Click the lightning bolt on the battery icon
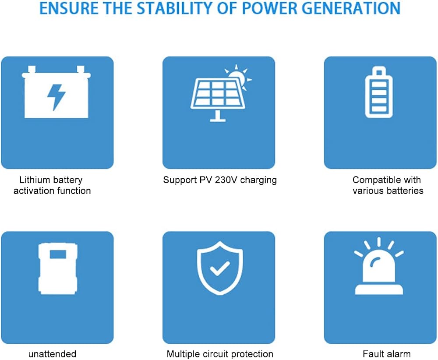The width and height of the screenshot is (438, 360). click(56, 97)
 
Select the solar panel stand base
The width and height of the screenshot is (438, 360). click(218, 120)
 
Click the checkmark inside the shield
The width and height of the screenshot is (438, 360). click(220, 268)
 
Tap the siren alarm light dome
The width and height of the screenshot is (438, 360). click(379, 268)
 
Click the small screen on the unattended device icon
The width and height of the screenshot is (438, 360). click(58, 254)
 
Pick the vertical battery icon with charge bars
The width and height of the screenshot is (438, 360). click(379, 92)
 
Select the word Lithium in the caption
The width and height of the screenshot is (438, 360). click(31, 180)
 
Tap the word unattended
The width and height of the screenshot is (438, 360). click(52, 354)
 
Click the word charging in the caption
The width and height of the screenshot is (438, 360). click(258, 180)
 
